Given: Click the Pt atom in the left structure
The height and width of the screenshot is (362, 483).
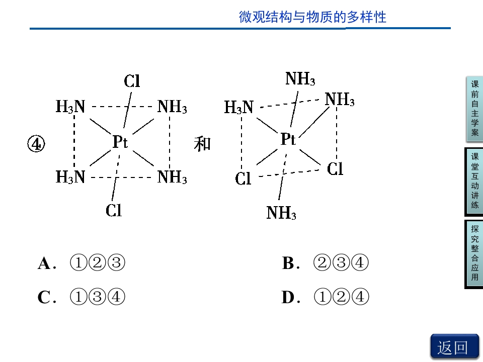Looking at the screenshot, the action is (x=120, y=142).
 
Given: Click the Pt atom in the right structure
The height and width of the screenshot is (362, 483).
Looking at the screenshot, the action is (x=288, y=139).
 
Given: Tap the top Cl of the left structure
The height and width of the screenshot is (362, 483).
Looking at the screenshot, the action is (x=132, y=81).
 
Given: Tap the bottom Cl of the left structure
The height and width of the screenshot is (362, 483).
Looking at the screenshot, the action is (x=114, y=211).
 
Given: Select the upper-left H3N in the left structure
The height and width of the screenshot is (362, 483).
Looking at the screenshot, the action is (x=70, y=107).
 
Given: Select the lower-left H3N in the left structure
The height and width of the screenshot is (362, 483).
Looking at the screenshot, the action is (x=70, y=177).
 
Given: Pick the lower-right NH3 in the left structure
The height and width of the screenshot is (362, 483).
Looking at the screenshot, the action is (x=172, y=177).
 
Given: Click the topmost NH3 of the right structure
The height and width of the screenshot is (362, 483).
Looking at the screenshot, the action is (x=300, y=78).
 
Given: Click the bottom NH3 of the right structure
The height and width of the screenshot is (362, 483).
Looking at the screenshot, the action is (x=281, y=213).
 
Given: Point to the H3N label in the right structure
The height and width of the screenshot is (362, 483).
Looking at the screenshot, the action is (x=238, y=108).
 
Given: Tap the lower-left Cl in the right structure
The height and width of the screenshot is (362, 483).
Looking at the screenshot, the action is (x=243, y=178).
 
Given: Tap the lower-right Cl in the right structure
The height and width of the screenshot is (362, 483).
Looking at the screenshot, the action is (x=335, y=169).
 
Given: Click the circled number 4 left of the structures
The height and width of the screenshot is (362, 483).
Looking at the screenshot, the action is (x=36, y=144).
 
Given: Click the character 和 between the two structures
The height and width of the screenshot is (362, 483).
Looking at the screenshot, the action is (x=202, y=144).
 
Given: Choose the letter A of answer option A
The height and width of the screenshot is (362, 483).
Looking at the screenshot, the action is (x=44, y=263).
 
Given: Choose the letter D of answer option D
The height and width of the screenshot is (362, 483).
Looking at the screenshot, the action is (x=288, y=297).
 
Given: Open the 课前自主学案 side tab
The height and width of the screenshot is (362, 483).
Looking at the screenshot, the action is (x=474, y=109).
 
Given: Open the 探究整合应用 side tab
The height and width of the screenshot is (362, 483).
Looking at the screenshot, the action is (x=474, y=254).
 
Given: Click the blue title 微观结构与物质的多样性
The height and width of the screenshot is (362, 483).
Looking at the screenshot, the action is (x=312, y=17).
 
